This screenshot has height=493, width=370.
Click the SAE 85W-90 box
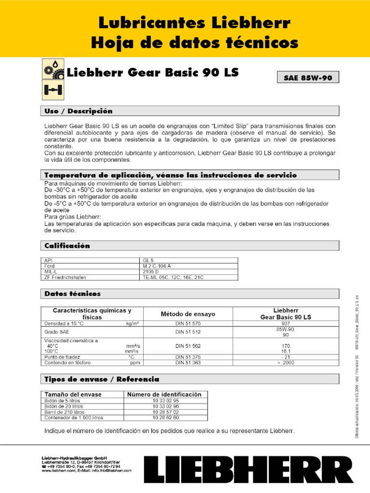point(308,77)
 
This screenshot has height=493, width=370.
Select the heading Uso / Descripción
point(79,111)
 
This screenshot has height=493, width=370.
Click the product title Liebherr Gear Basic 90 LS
point(152,73)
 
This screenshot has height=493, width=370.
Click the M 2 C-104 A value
point(157,266)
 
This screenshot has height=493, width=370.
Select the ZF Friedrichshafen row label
point(66,277)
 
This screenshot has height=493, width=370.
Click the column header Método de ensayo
point(188,314)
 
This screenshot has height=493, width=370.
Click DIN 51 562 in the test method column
point(188,346)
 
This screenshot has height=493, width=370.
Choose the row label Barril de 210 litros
point(65,412)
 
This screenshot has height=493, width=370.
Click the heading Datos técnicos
point(73,293)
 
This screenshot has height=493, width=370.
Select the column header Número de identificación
point(164,394)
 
